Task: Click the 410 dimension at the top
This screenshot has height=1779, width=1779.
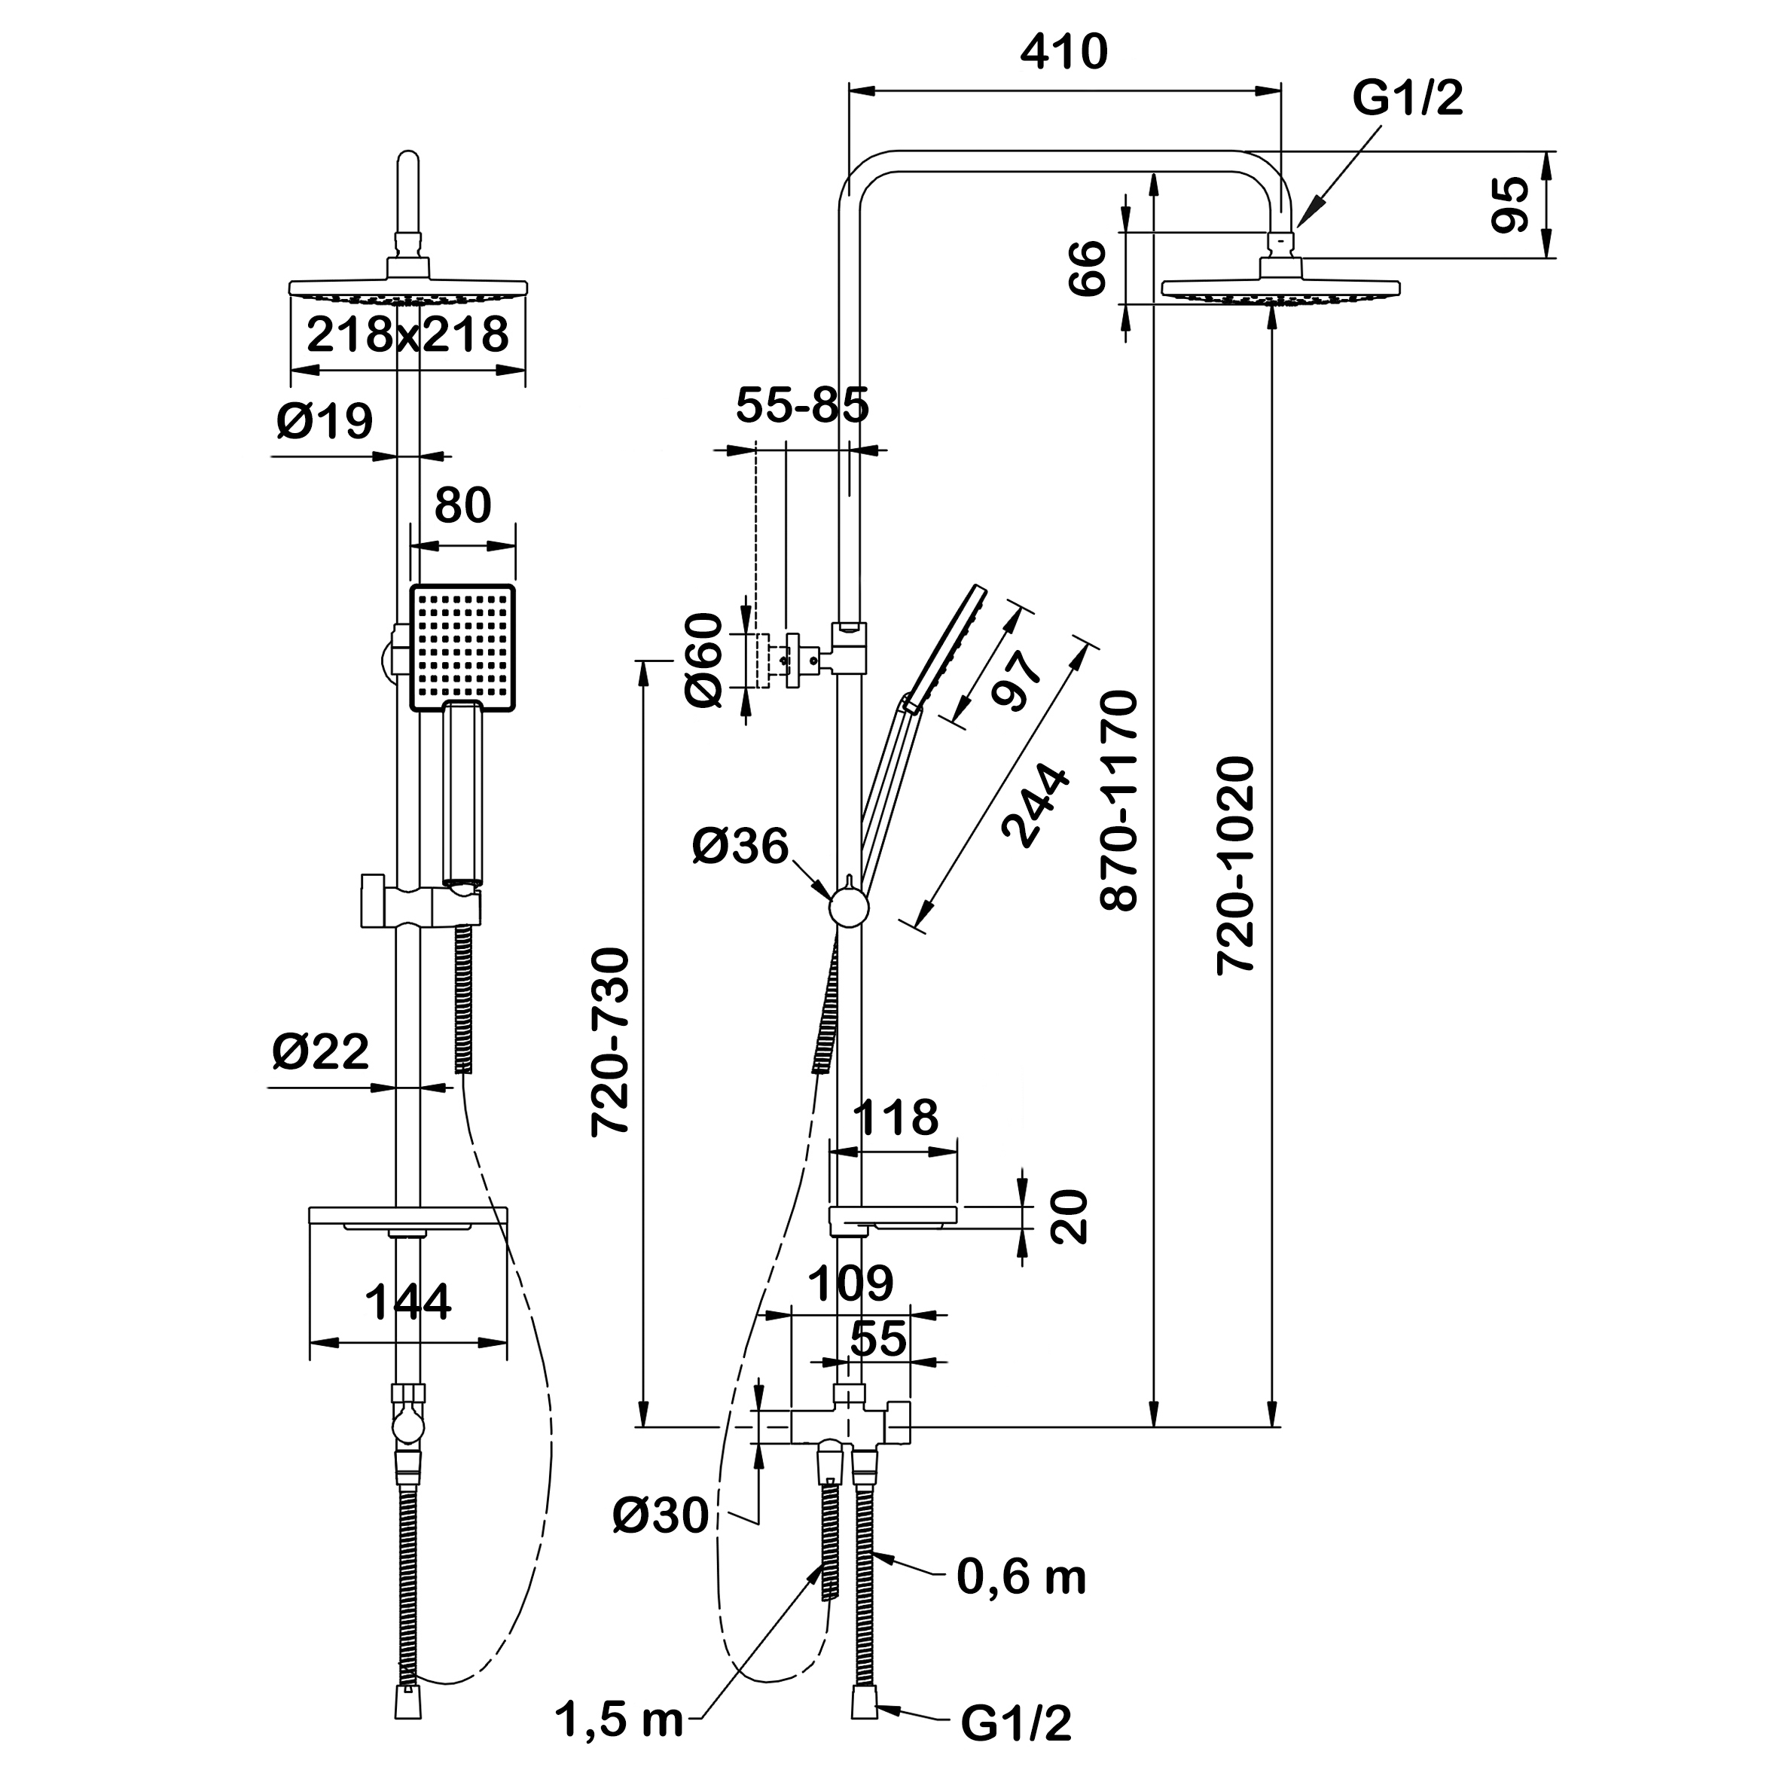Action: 1063,53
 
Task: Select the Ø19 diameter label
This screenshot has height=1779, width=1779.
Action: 324,422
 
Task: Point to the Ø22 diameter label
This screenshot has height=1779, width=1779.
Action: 320,1051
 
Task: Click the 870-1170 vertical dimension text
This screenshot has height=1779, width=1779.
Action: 1120,801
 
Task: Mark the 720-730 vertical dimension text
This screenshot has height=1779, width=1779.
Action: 611,1041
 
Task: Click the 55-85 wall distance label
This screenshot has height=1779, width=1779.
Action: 802,405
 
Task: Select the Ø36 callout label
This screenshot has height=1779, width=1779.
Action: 740,847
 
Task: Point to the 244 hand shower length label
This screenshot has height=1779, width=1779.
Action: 1037,805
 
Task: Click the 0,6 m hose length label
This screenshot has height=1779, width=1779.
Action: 1021,1577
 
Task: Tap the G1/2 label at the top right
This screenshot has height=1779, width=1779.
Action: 1407,99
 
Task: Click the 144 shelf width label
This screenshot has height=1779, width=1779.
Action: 408,1303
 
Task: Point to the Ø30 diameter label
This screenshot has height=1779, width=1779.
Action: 661,1515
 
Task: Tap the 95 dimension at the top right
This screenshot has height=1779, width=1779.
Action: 1510,204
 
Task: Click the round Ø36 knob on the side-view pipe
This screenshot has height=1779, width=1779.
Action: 849,907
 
